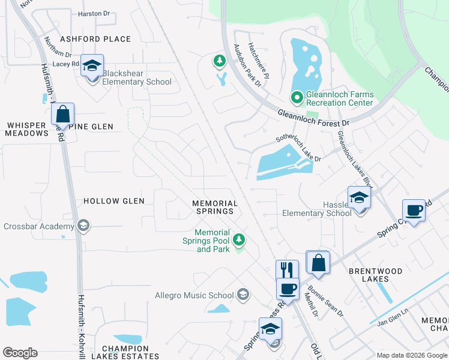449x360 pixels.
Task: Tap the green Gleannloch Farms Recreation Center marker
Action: pyautogui.click(x=296, y=97)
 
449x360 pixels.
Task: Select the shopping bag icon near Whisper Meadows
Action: pyautogui.click(x=63, y=113)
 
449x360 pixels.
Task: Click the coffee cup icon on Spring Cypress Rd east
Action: pyautogui.click(x=414, y=211)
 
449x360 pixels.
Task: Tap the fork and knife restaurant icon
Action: pyautogui.click(x=287, y=271)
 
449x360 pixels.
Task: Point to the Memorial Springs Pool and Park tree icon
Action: pyautogui.click(x=240, y=241)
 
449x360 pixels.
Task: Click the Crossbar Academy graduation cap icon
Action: pyautogui.click(x=83, y=226)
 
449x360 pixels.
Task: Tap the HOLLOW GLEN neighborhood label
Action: pyautogui.click(x=113, y=201)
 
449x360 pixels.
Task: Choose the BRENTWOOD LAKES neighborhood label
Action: pyautogui.click(x=376, y=275)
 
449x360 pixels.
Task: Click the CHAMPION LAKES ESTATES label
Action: pyautogui.click(x=125, y=352)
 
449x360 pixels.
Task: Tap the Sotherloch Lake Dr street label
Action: pyautogui.click(x=298, y=148)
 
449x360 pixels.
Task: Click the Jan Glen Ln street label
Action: pyautogui.click(x=393, y=326)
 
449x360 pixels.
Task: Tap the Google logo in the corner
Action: pyautogui.click(x=20, y=353)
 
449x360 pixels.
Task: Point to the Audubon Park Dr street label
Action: pyautogui.click(x=247, y=65)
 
